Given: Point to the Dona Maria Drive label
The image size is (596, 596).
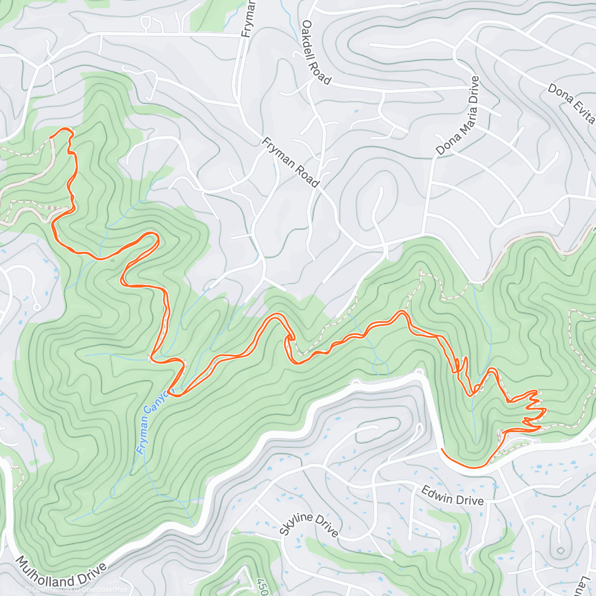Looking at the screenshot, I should tap(457, 116).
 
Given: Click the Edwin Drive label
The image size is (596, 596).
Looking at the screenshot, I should tap(452, 495).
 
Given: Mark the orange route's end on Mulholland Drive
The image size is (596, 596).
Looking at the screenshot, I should tap(442, 449).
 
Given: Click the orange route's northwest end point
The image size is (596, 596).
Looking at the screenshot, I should tap(51, 136).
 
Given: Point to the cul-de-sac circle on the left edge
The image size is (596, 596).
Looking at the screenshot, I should tap(37, 307).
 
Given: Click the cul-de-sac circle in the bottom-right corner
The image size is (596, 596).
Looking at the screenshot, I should tap(560, 550).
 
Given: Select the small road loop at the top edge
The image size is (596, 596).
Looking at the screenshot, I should tap(147, 22).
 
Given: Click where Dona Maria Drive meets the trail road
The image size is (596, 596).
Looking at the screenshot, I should tap(423, 234).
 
